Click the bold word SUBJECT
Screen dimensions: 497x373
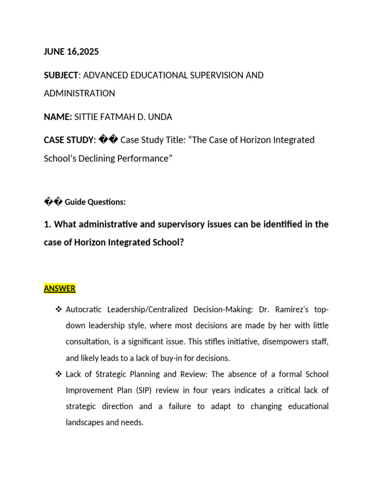61,75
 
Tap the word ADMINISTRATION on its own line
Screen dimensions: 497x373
79,93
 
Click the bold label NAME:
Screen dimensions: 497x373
58,117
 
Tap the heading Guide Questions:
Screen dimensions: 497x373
95,201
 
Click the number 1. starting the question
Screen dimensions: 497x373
47,224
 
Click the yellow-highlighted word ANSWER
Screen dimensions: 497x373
60,289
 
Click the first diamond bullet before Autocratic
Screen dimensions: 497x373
59,310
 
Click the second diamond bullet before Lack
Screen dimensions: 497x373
59,374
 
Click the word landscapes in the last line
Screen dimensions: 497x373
85,422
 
